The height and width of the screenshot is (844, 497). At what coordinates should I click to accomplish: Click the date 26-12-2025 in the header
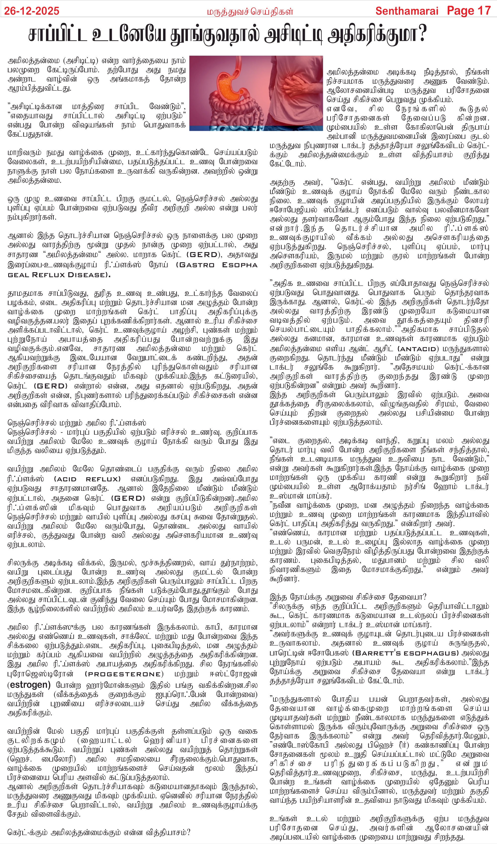pos(32,11)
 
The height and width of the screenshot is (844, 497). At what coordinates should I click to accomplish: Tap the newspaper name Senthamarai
pos(407,11)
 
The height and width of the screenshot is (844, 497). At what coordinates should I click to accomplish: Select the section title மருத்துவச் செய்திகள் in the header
pos(250,12)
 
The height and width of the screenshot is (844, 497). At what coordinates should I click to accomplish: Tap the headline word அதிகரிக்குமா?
pos(377,35)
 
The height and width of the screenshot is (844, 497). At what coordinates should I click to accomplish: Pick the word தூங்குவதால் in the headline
pos(214,35)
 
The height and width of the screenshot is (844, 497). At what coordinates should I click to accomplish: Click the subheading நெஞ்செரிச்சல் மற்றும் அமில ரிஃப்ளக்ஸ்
pos(77,423)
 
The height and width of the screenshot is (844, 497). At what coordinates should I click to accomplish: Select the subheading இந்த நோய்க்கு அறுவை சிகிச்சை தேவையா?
pos(348,597)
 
